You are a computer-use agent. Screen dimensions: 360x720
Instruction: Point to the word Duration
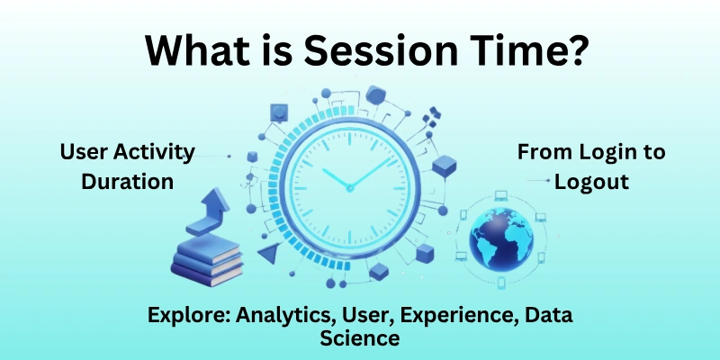[x=127, y=181]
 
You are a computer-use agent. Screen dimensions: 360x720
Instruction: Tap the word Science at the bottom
[x=359, y=339]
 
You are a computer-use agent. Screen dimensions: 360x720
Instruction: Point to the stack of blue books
[x=207, y=256]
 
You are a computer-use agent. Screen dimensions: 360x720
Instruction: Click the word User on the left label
[x=79, y=152]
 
